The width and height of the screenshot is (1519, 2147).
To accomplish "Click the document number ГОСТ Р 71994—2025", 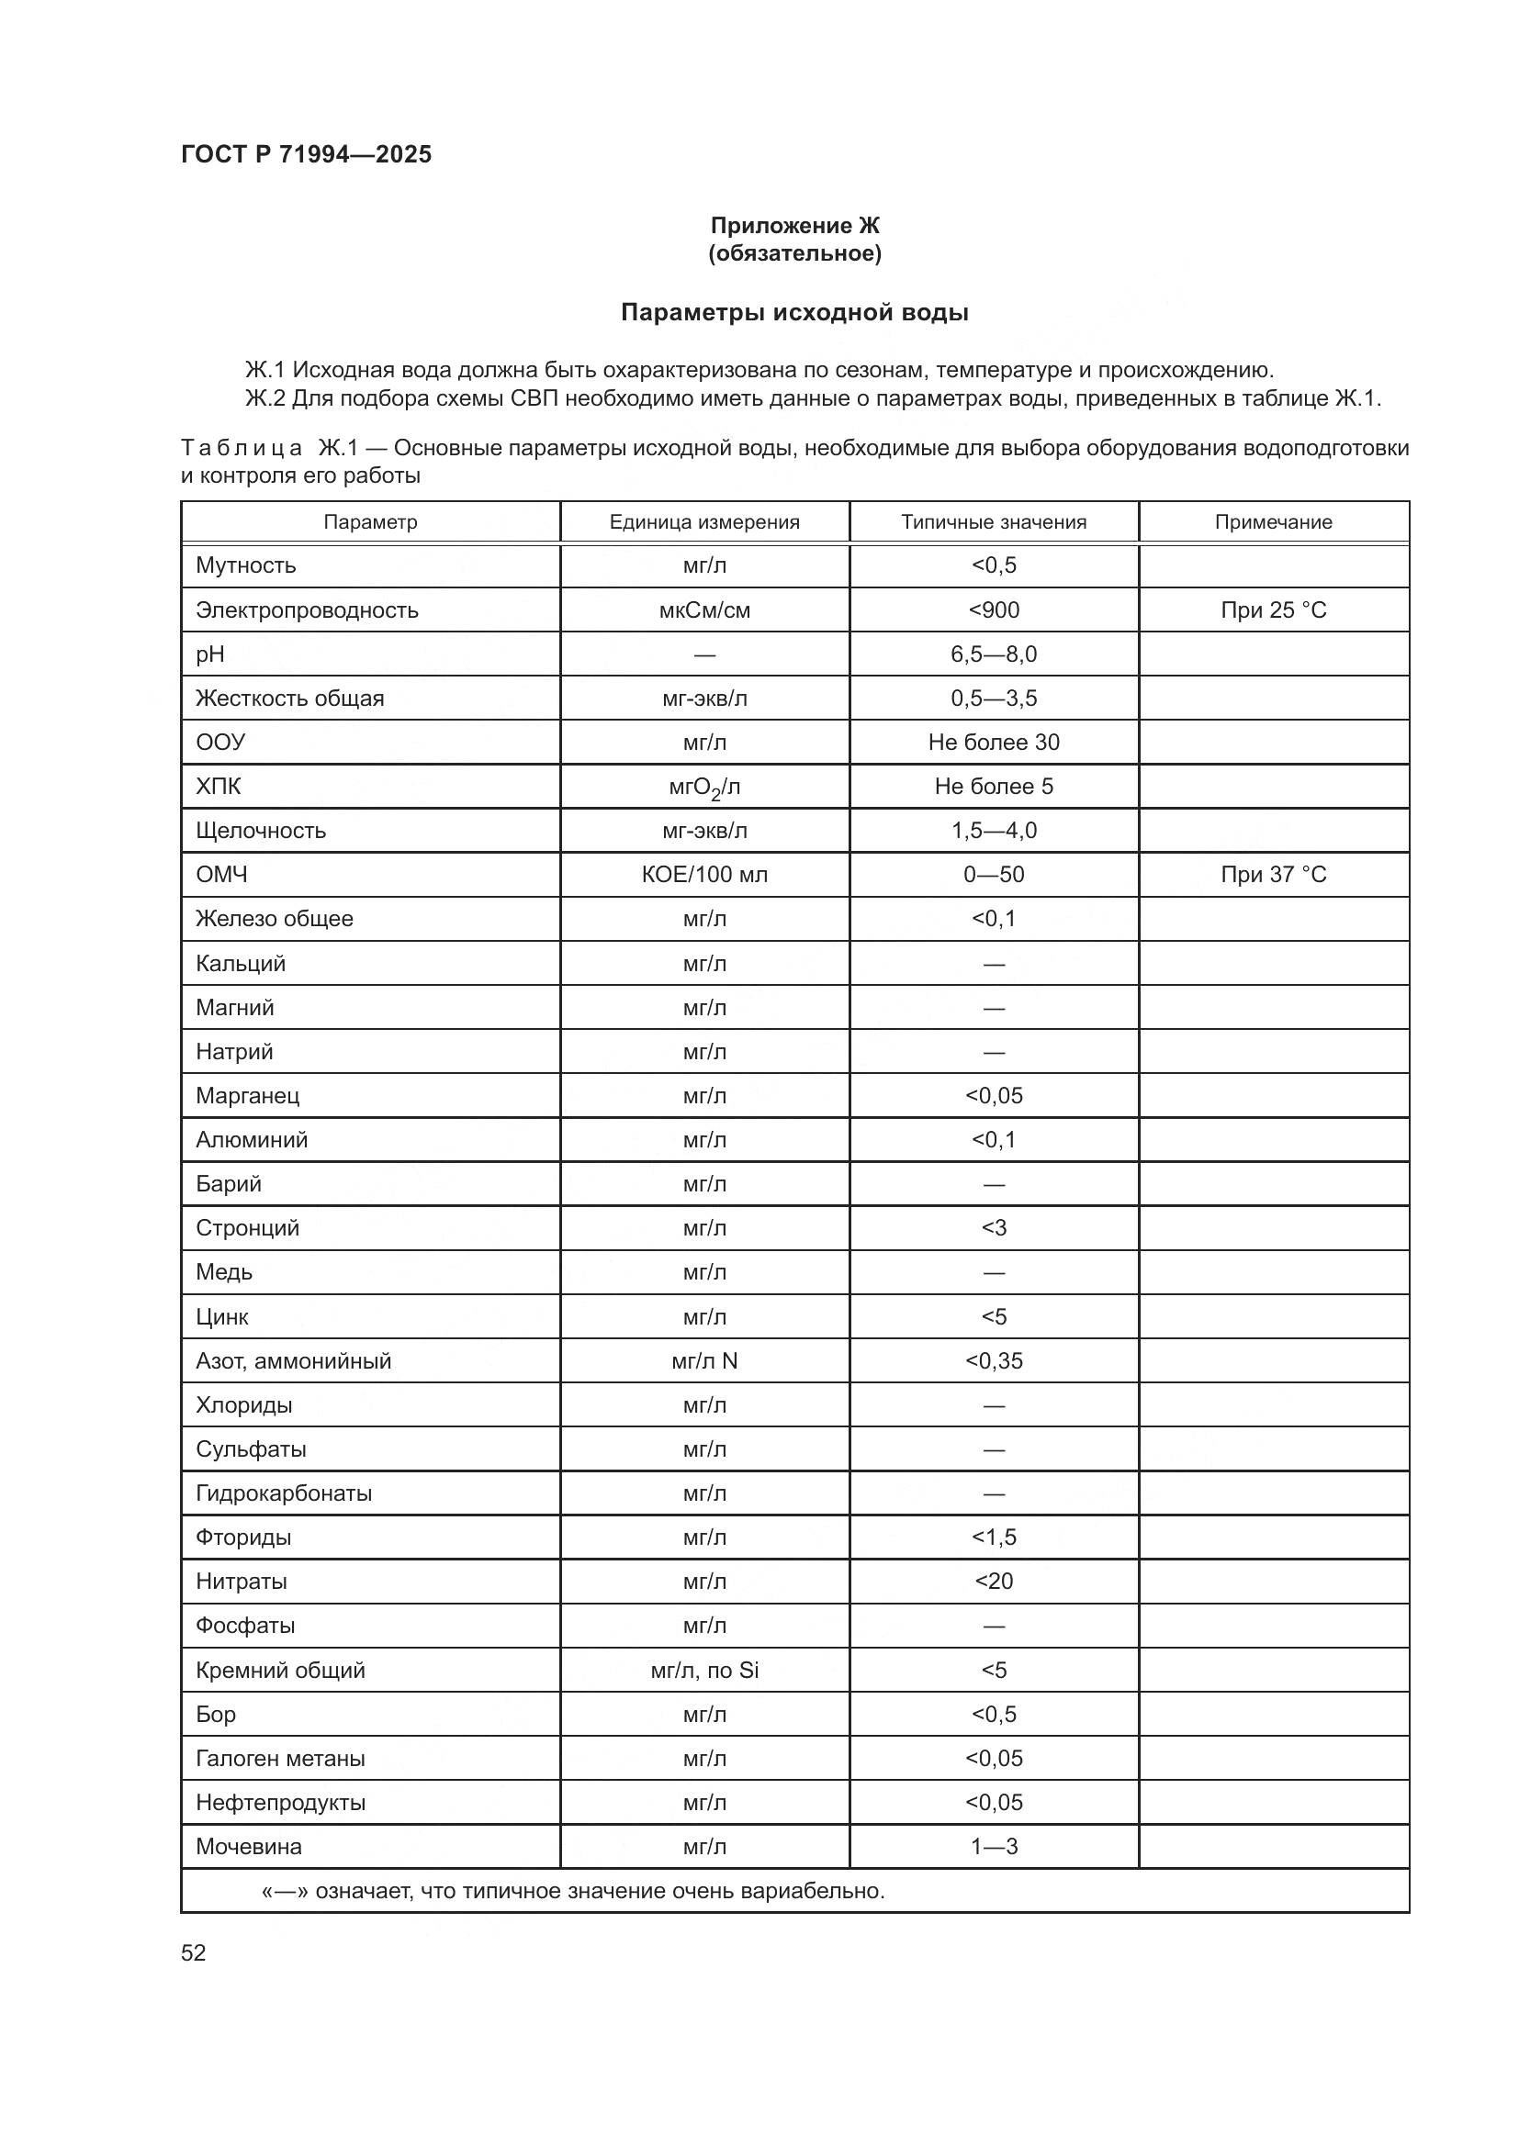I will tap(306, 154).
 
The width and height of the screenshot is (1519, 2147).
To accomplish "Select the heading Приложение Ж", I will tap(794, 226).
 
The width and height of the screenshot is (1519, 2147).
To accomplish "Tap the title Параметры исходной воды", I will tap(794, 312).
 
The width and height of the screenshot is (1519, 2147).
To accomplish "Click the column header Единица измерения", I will tap(704, 521).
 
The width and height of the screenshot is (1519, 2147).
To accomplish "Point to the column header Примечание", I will tap(1273, 521).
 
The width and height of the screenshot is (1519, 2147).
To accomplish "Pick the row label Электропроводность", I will tap(307, 609).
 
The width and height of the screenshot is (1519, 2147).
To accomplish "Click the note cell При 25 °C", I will tap(1273, 609).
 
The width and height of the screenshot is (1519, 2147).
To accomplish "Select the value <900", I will tap(994, 609).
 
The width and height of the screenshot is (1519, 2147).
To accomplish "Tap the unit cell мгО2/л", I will tap(704, 788).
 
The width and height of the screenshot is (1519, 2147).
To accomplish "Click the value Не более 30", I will tap(994, 743).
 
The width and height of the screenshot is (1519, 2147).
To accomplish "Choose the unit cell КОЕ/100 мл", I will tap(704, 875).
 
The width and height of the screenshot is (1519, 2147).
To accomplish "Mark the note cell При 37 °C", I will tap(1273, 875).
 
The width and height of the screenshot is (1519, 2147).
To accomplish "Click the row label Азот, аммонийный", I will tap(293, 1360).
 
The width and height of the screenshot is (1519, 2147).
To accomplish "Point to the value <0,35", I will tap(994, 1360).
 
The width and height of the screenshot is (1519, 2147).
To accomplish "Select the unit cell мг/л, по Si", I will tap(704, 1670).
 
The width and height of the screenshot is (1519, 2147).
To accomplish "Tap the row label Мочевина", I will tap(248, 1847).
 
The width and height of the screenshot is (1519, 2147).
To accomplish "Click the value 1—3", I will tap(994, 1847).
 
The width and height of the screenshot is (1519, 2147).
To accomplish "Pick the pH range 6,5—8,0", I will tap(994, 654).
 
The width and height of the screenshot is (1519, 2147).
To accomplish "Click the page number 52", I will tap(194, 1952).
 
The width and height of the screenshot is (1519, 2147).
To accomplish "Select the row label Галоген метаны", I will tap(280, 1758).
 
